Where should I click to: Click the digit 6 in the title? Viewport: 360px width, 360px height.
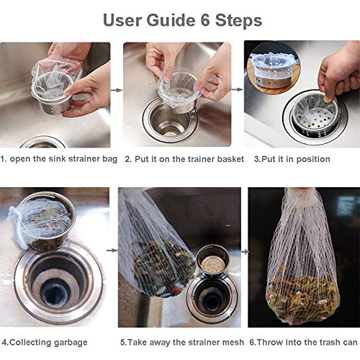(x=205, y=20)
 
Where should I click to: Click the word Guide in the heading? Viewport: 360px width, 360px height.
(x=171, y=20)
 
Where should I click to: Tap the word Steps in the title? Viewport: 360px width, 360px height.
(x=238, y=21)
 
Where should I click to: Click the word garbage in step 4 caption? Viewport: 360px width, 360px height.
(x=71, y=343)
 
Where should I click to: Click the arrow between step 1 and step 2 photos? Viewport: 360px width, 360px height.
(x=117, y=90)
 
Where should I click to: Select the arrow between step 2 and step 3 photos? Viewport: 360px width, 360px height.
(x=238, y=90)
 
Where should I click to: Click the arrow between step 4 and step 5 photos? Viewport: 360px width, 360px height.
(x=112, y=251)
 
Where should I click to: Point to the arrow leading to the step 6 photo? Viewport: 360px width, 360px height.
(x=245, y=252)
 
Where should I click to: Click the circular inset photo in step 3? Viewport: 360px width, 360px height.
(x=274, y=68)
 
